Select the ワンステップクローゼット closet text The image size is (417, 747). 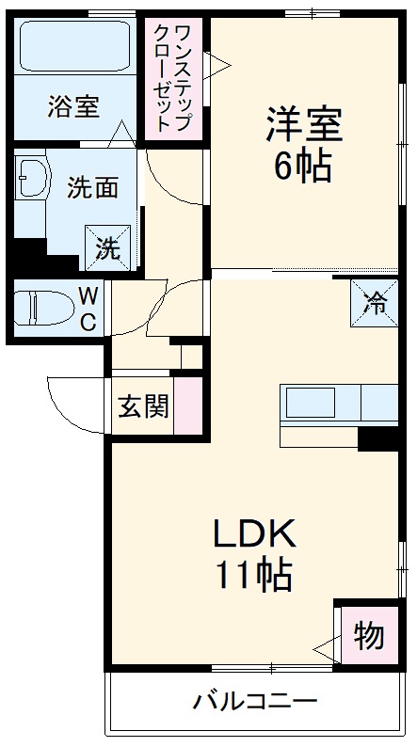click(176, 75)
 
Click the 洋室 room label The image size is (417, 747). click(303, 125)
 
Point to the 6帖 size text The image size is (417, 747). click(302, 167)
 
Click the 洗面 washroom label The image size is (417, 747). click(91, 187)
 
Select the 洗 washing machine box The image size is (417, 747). click(106, 249)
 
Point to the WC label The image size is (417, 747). click(87, 310)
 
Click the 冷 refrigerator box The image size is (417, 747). click(375, 303)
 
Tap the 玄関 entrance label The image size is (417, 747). click(143, 406)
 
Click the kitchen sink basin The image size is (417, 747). click(311, 404)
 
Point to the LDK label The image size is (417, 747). click(253, 533)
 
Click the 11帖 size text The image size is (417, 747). click(253, 574)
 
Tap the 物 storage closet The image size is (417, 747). click(368, 636)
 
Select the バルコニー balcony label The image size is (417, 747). click(255, 701)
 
